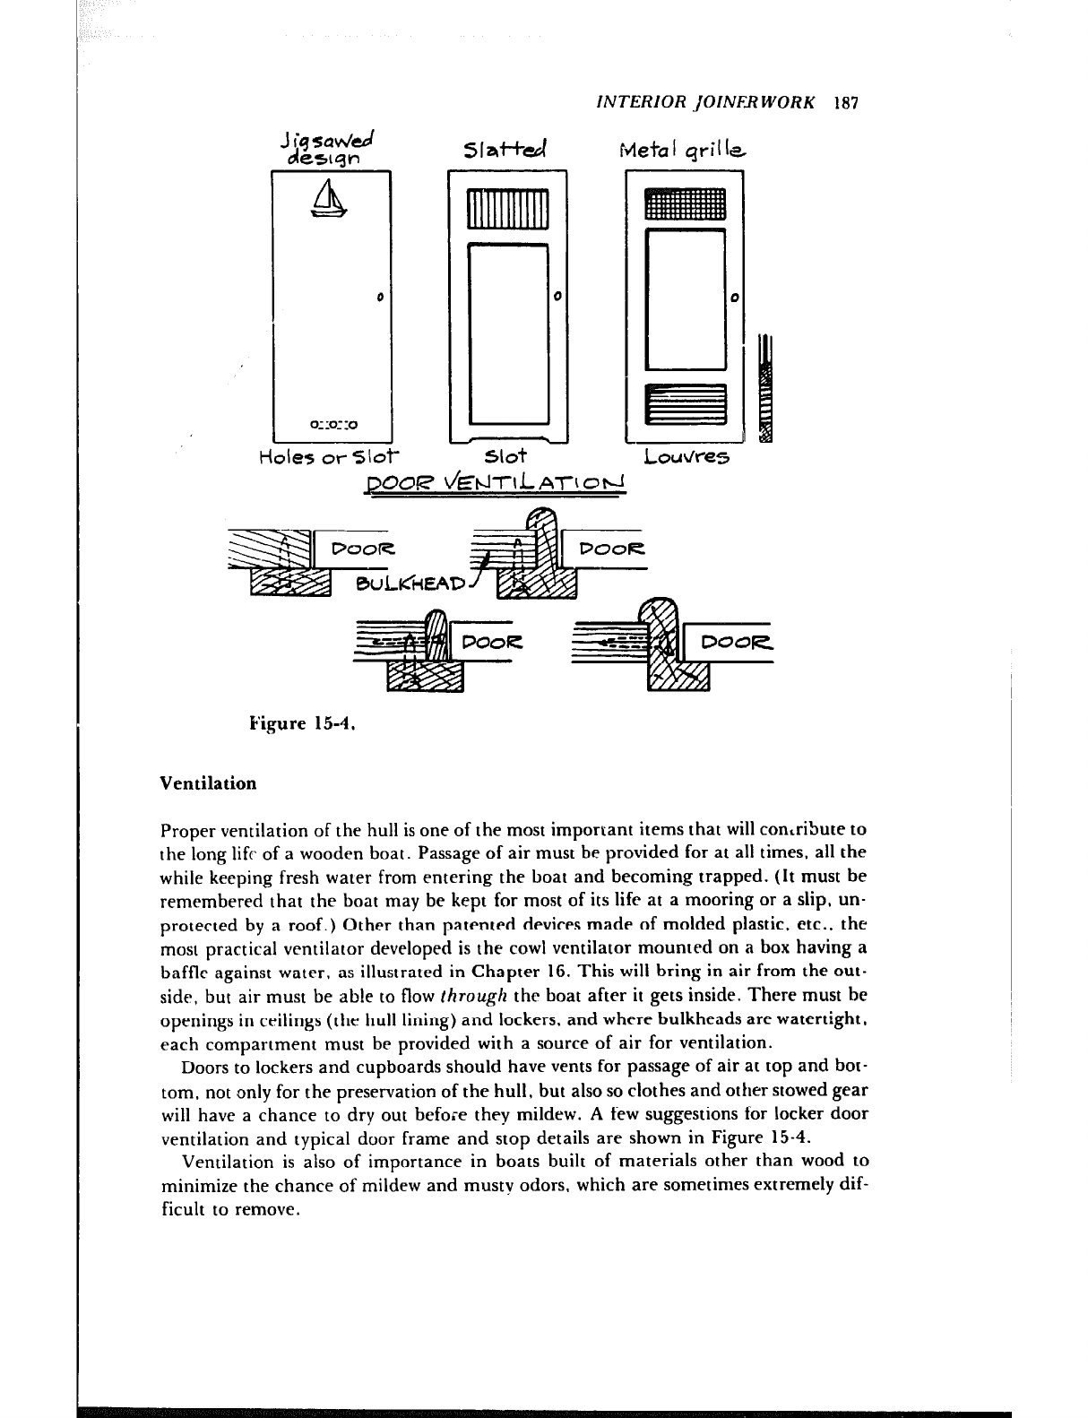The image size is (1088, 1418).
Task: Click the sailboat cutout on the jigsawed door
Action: tap(329, 198)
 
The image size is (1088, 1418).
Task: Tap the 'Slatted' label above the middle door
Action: tap(506, 150)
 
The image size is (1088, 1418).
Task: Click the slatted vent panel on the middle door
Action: tap(508, 211)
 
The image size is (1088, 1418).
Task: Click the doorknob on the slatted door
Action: tap(557, 296)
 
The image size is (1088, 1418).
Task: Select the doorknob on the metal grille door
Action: tap(734, 297)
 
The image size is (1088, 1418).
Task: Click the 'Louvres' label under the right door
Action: tap(687, 457)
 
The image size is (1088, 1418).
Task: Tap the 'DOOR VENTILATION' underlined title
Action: tap(494, 485)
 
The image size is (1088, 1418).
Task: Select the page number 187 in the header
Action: tap(846, 102)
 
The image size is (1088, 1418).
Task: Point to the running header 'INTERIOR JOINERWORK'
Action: tap(705, 102)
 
